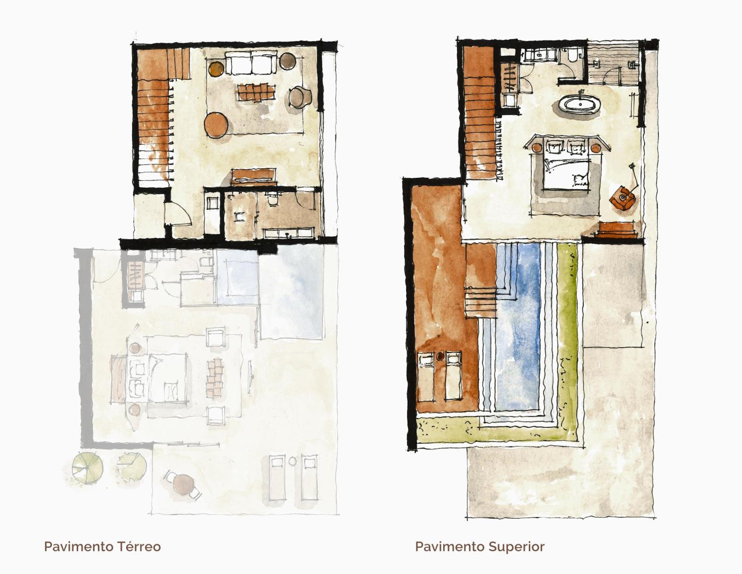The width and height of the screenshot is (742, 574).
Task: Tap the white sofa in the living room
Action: [x=251, y=63]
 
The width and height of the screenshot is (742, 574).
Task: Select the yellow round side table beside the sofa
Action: [x=216, y=68]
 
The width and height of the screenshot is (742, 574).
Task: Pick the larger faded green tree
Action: [x=88, y=468]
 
